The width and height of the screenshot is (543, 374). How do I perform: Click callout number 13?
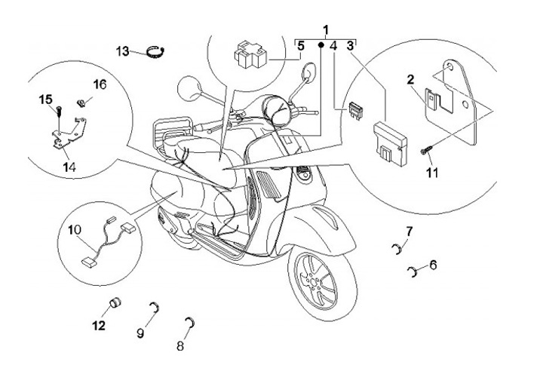[x=123, y=51]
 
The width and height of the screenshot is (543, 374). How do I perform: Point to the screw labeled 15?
[x=58, y=111]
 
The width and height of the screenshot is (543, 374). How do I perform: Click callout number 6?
[x=433, y=265]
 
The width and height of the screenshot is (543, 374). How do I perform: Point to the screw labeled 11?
[x=425, y=154]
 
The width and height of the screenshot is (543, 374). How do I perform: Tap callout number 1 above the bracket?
[x=326, y=31]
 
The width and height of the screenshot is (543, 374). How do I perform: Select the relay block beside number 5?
[x=252, y=54]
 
